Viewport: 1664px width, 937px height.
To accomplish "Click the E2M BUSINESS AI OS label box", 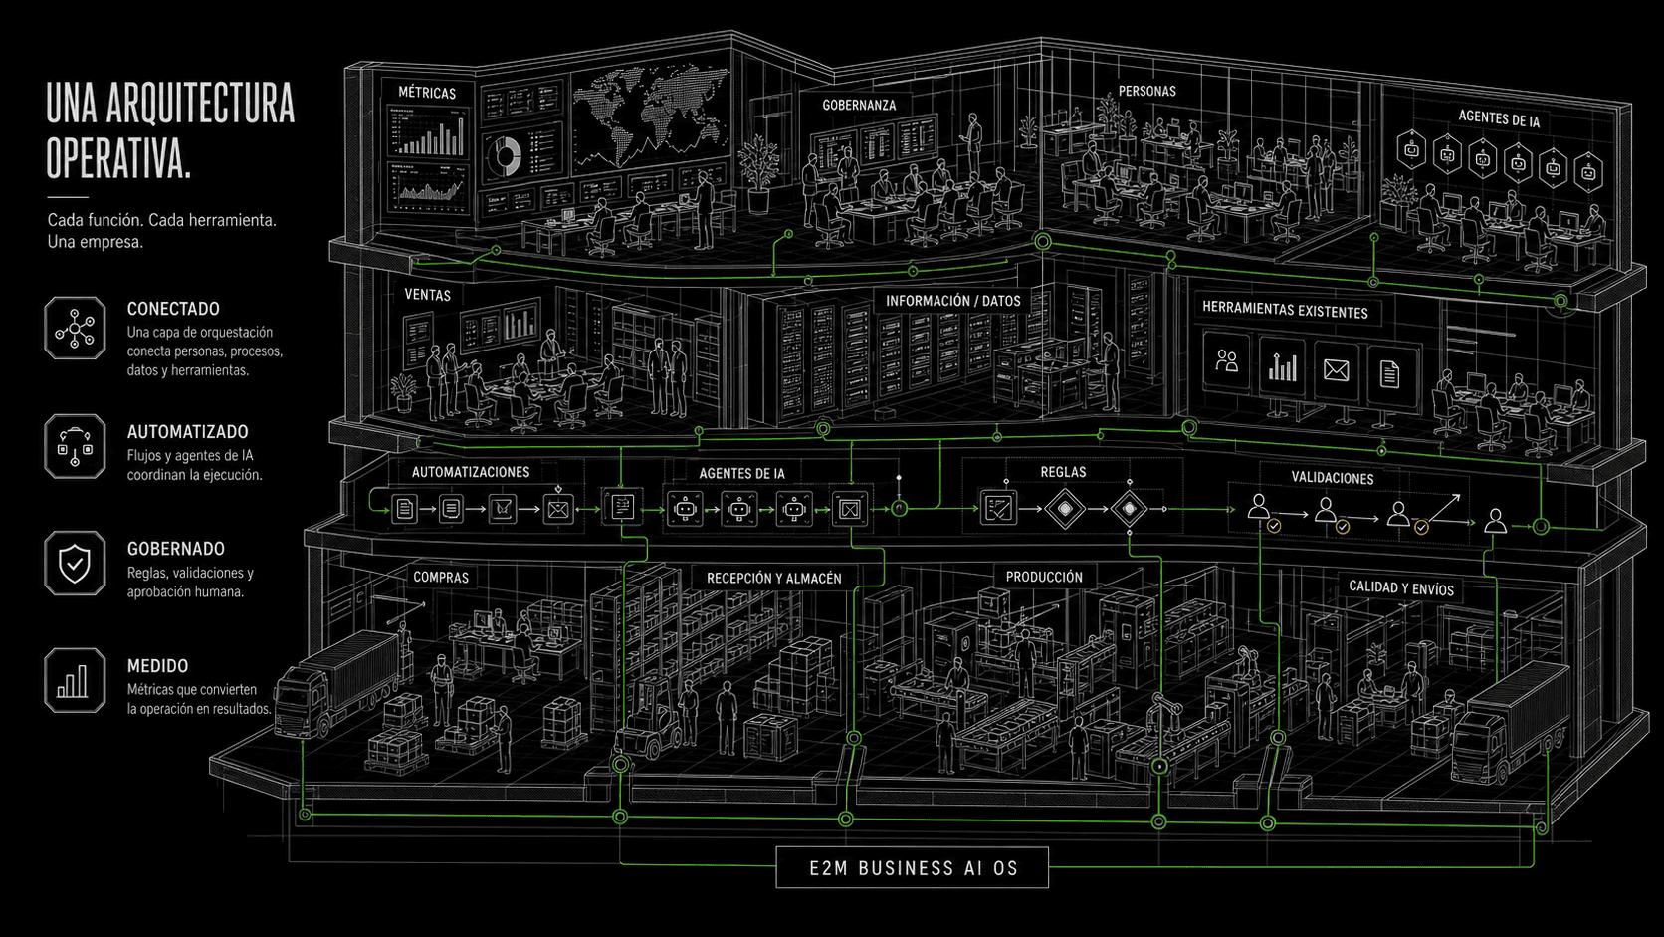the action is [913, 868].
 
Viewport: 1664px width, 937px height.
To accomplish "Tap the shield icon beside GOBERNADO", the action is [75, 564].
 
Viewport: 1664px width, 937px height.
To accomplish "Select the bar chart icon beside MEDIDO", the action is [75, 681].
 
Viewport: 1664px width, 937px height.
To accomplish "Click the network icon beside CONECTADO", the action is [75, 328].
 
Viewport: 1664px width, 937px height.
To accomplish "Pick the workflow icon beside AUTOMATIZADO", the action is [75, 446].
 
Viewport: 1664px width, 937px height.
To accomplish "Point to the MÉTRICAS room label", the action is [427, 93].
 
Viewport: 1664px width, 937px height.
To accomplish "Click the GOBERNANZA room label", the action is [859, 105].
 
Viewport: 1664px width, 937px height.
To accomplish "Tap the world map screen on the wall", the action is [650, 118].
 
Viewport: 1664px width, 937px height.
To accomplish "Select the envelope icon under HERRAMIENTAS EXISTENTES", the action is [1336, 370].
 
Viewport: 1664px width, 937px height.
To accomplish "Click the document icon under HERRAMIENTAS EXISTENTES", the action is [1389, 373].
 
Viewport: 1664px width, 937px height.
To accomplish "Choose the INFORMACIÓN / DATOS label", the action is [953, 301].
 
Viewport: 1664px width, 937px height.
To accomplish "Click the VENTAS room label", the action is [427, 295].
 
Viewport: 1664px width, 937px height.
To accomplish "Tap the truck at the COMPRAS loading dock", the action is [338, 685].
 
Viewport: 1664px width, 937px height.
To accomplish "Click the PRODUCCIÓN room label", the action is [1044, 577].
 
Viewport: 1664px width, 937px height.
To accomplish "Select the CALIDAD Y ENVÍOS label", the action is [1401, 587].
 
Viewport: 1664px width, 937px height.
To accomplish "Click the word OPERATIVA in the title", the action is [118, 159].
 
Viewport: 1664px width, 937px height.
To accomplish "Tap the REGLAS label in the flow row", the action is [1063, 472].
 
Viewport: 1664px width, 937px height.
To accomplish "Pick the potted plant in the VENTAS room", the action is [403, 392].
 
